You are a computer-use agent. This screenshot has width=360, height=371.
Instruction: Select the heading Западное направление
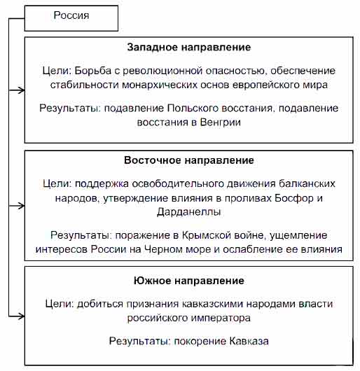point(189,47)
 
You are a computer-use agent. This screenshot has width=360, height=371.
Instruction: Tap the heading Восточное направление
point(189,160)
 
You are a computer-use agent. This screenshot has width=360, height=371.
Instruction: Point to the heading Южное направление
point(189,281)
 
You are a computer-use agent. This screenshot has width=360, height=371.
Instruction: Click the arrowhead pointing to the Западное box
point(22,90)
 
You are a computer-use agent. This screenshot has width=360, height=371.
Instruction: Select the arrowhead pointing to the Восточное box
point(22,206)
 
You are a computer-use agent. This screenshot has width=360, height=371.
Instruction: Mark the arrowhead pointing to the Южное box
point(22,316)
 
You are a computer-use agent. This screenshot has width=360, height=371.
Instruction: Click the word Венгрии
point(221,122)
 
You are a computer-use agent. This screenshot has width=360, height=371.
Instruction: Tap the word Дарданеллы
point(189,212)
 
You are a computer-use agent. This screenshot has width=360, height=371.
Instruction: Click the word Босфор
point(294,198)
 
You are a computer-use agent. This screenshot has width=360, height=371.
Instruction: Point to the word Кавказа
point(249,341)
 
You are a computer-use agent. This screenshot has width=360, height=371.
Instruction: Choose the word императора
point(221,318)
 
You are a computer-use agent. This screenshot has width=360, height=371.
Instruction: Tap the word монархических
point(160,85)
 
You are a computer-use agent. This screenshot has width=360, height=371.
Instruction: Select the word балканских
point(307,184)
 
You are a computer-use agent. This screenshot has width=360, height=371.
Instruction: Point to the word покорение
point(200,341)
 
